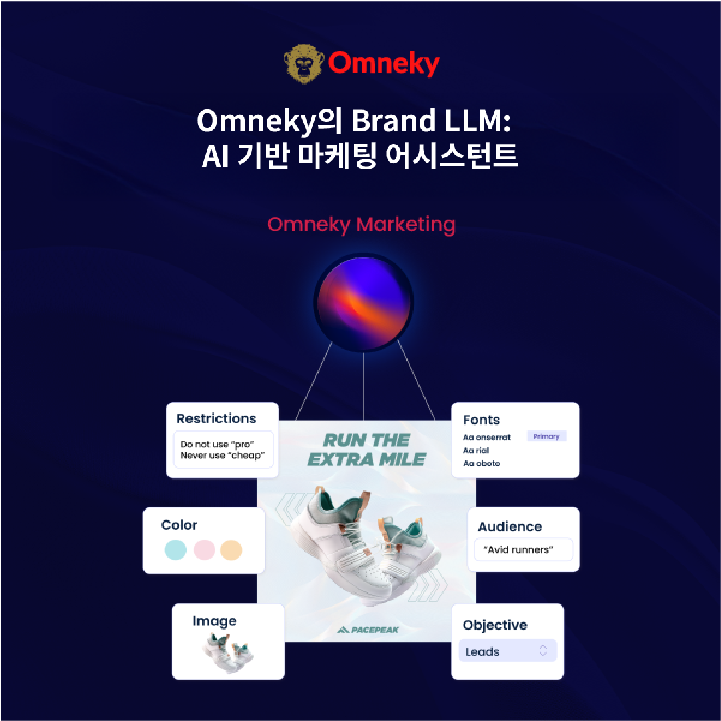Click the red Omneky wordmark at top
tap(384, 64)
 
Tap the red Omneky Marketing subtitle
tap(361, 225)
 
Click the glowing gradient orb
tap(363, 302)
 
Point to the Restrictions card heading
tap(216, 419)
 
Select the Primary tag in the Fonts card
tap(546, 436)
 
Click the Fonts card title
tap(481, 420)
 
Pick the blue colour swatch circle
tap(175, 550)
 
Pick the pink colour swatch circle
tap(203, 550)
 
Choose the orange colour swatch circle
tap(231, 550)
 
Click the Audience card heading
tap(510, 527)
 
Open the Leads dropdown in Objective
tap(507, 652)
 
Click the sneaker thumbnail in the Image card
tap(228, 650)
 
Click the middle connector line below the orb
tap(363, 384)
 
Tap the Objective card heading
tap(495, 626)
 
